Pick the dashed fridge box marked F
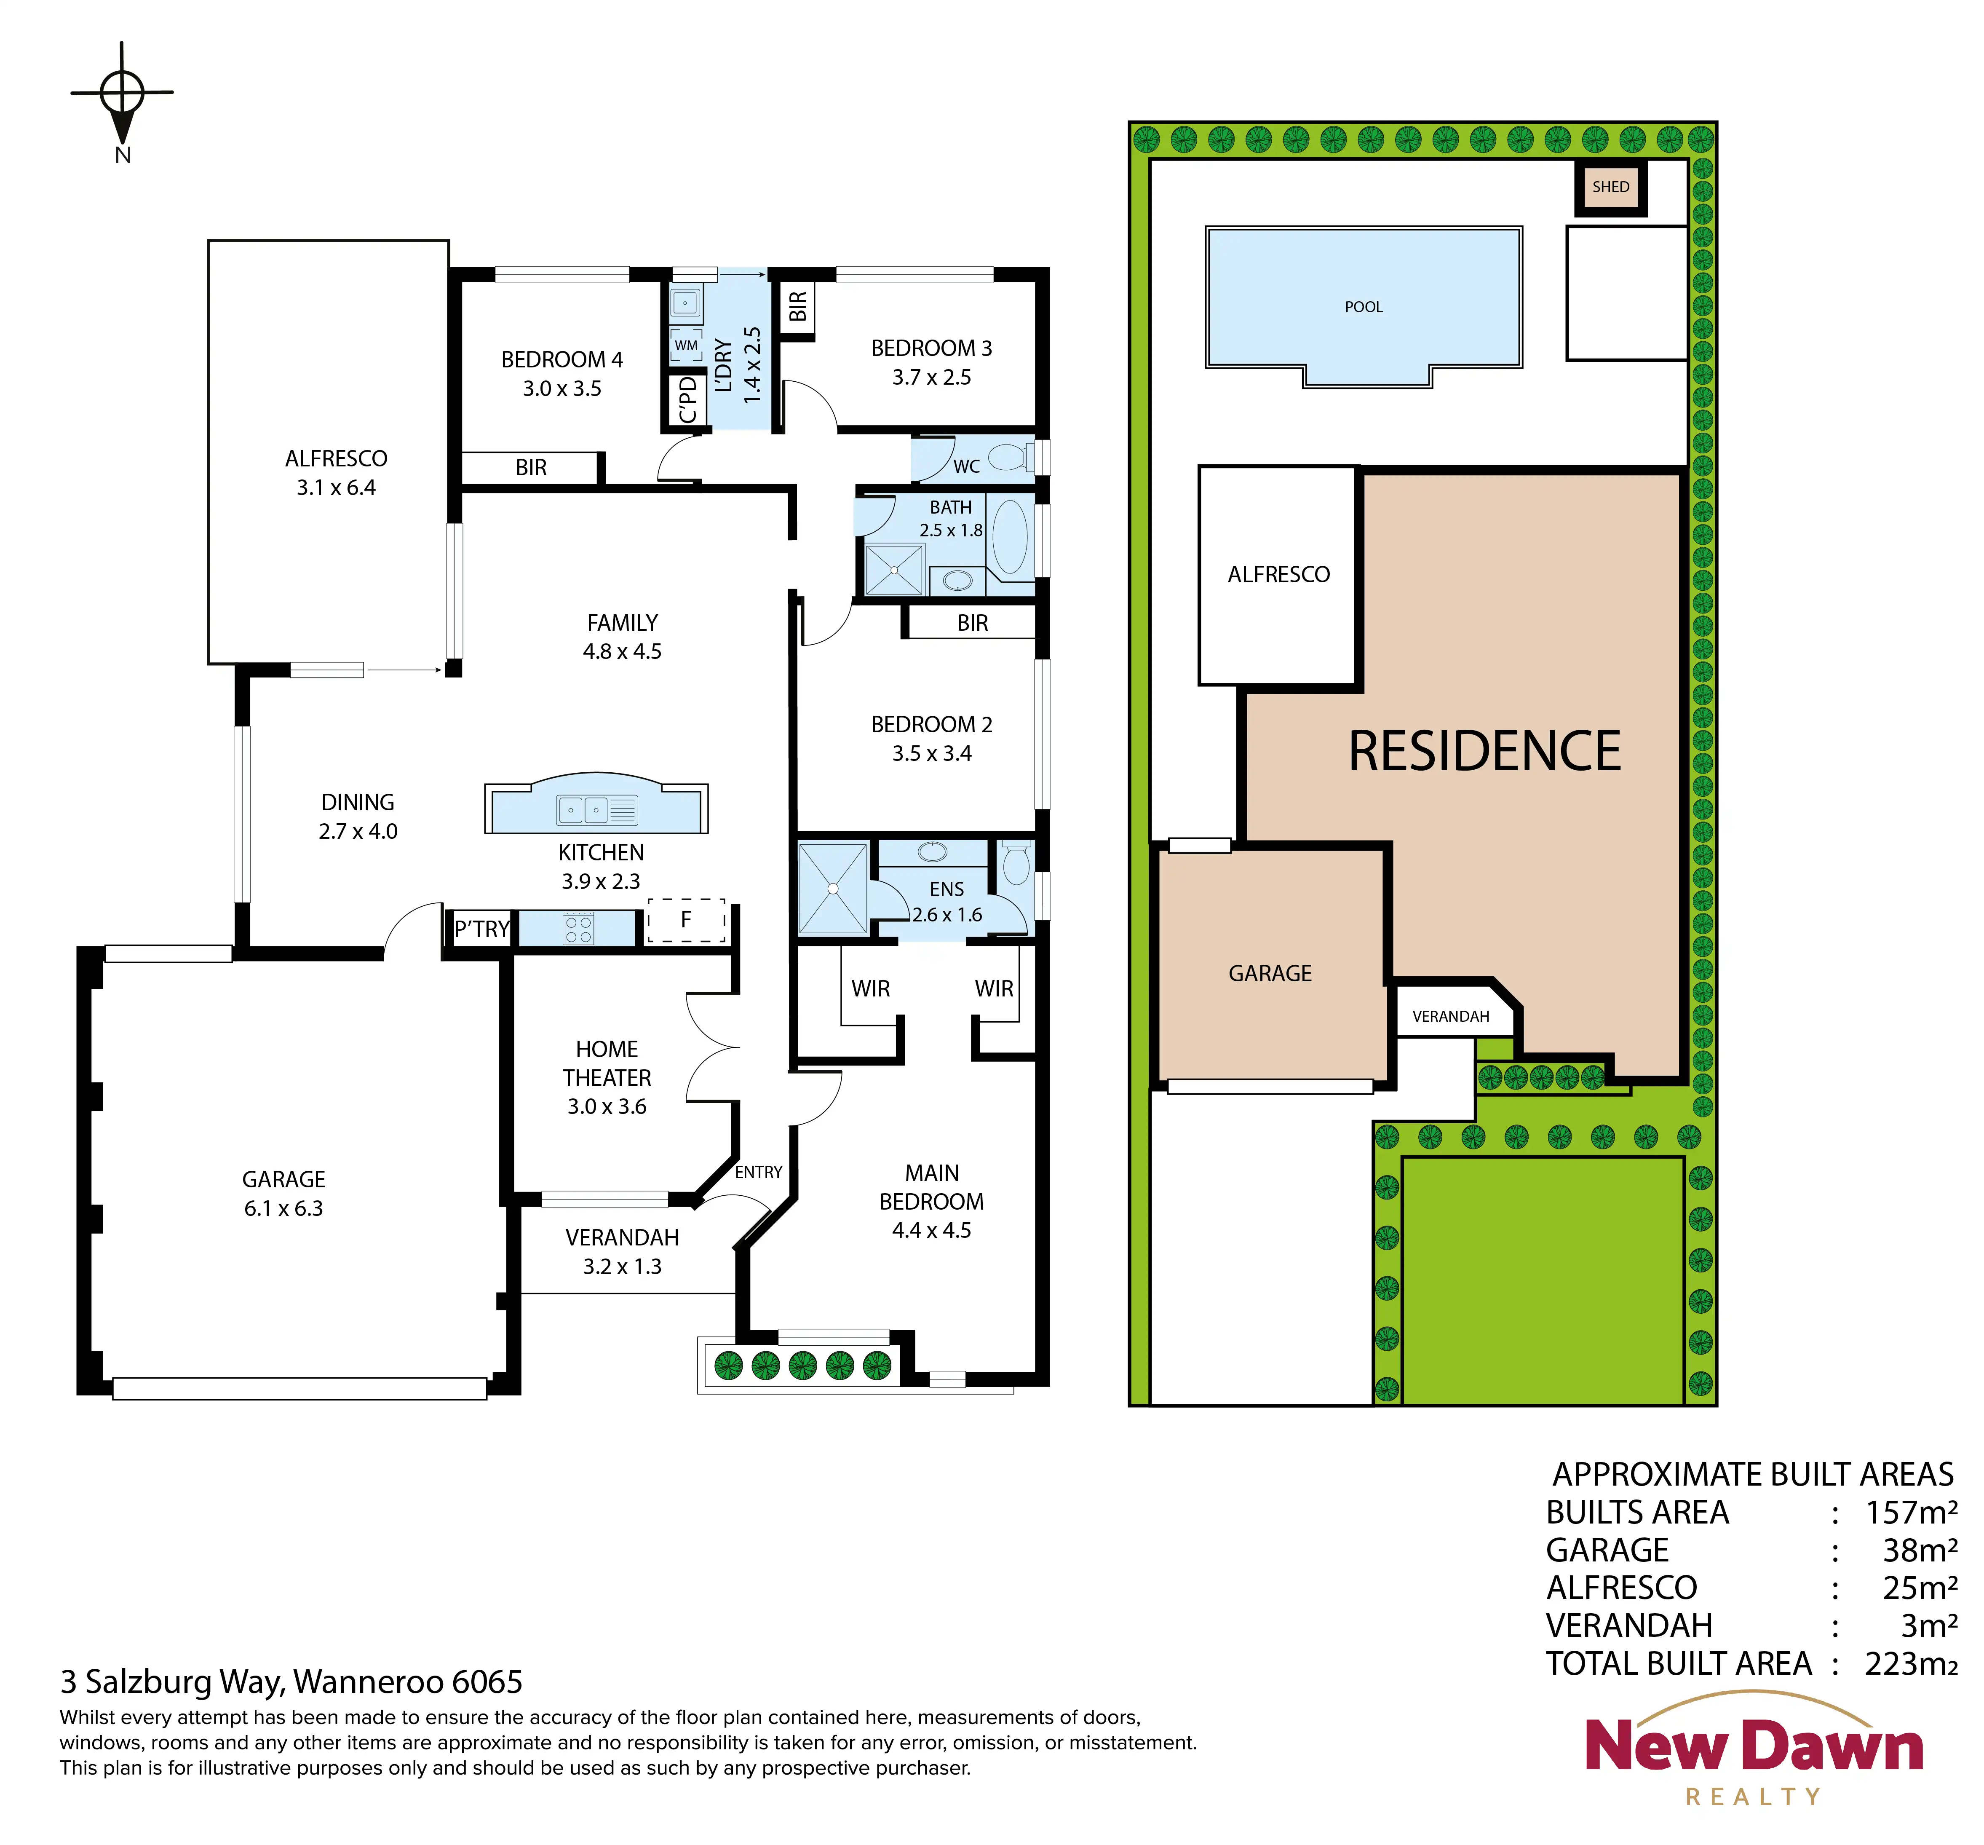click(687, 919)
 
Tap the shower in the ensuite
click(832, 888)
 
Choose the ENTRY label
click(759, 1172)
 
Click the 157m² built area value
click(1911, 1513)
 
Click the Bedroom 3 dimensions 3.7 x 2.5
click(931, 378)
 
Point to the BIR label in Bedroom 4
click(531, 467)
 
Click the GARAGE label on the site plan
click(1270, 973)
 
